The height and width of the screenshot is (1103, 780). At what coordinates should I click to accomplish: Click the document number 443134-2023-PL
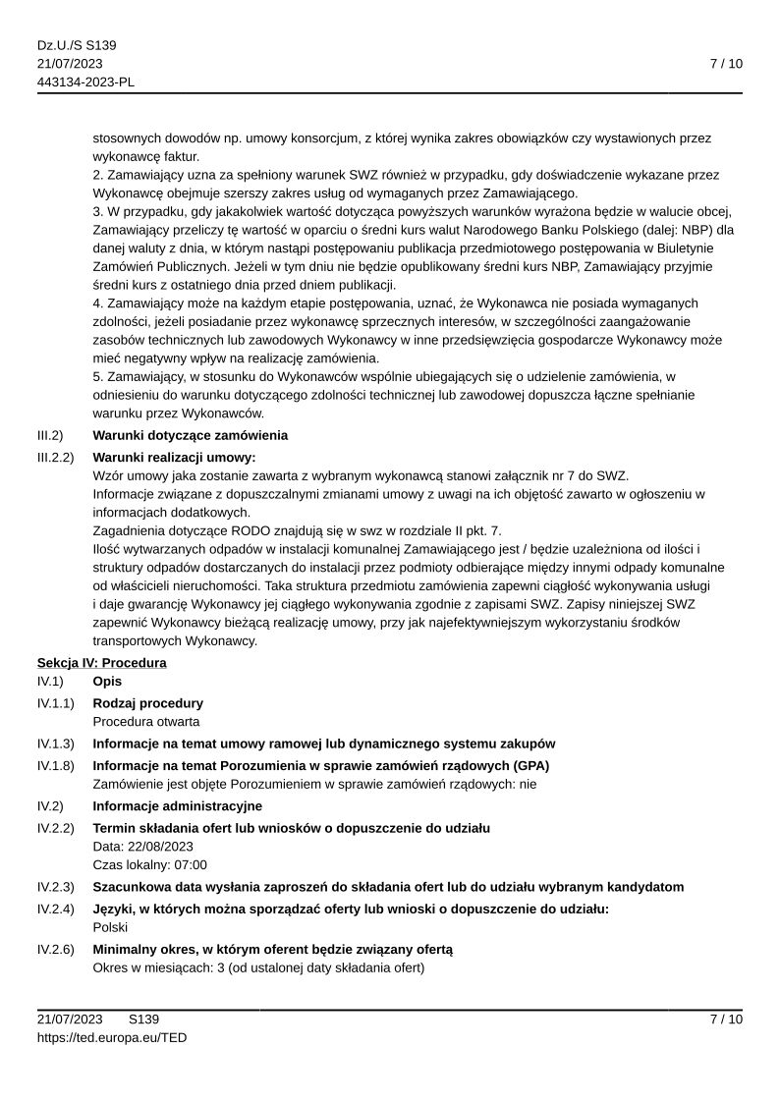[85, 83]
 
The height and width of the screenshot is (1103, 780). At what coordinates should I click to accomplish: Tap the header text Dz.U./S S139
[77, 45]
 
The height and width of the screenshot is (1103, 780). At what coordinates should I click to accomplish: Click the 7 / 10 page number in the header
[726, 64]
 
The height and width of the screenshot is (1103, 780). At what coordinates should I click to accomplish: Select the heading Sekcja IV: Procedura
[102, 663]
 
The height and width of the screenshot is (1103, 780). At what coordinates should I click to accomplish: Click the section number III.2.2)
[56, 457]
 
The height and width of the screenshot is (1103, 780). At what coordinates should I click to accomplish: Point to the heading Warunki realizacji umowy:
[174, 457]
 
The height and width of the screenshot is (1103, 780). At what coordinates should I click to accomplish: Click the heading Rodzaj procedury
[147, 703]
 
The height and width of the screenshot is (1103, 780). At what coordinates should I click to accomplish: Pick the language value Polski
[111, 927]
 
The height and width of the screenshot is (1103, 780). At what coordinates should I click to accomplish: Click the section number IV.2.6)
[56, 949]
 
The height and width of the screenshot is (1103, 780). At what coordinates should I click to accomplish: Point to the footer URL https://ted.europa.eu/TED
[112, 1037]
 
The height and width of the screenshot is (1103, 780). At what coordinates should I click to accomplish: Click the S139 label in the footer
[143, 1019]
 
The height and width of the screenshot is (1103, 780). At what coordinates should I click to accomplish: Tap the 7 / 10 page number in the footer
[726, 1019]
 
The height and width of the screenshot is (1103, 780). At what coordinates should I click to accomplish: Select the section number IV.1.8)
[56, 765]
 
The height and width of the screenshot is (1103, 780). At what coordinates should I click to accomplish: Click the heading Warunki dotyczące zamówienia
[190, 435]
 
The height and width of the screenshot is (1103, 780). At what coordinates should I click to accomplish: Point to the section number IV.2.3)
[56, 887]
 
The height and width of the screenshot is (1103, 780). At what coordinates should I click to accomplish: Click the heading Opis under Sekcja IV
[107, 682]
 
